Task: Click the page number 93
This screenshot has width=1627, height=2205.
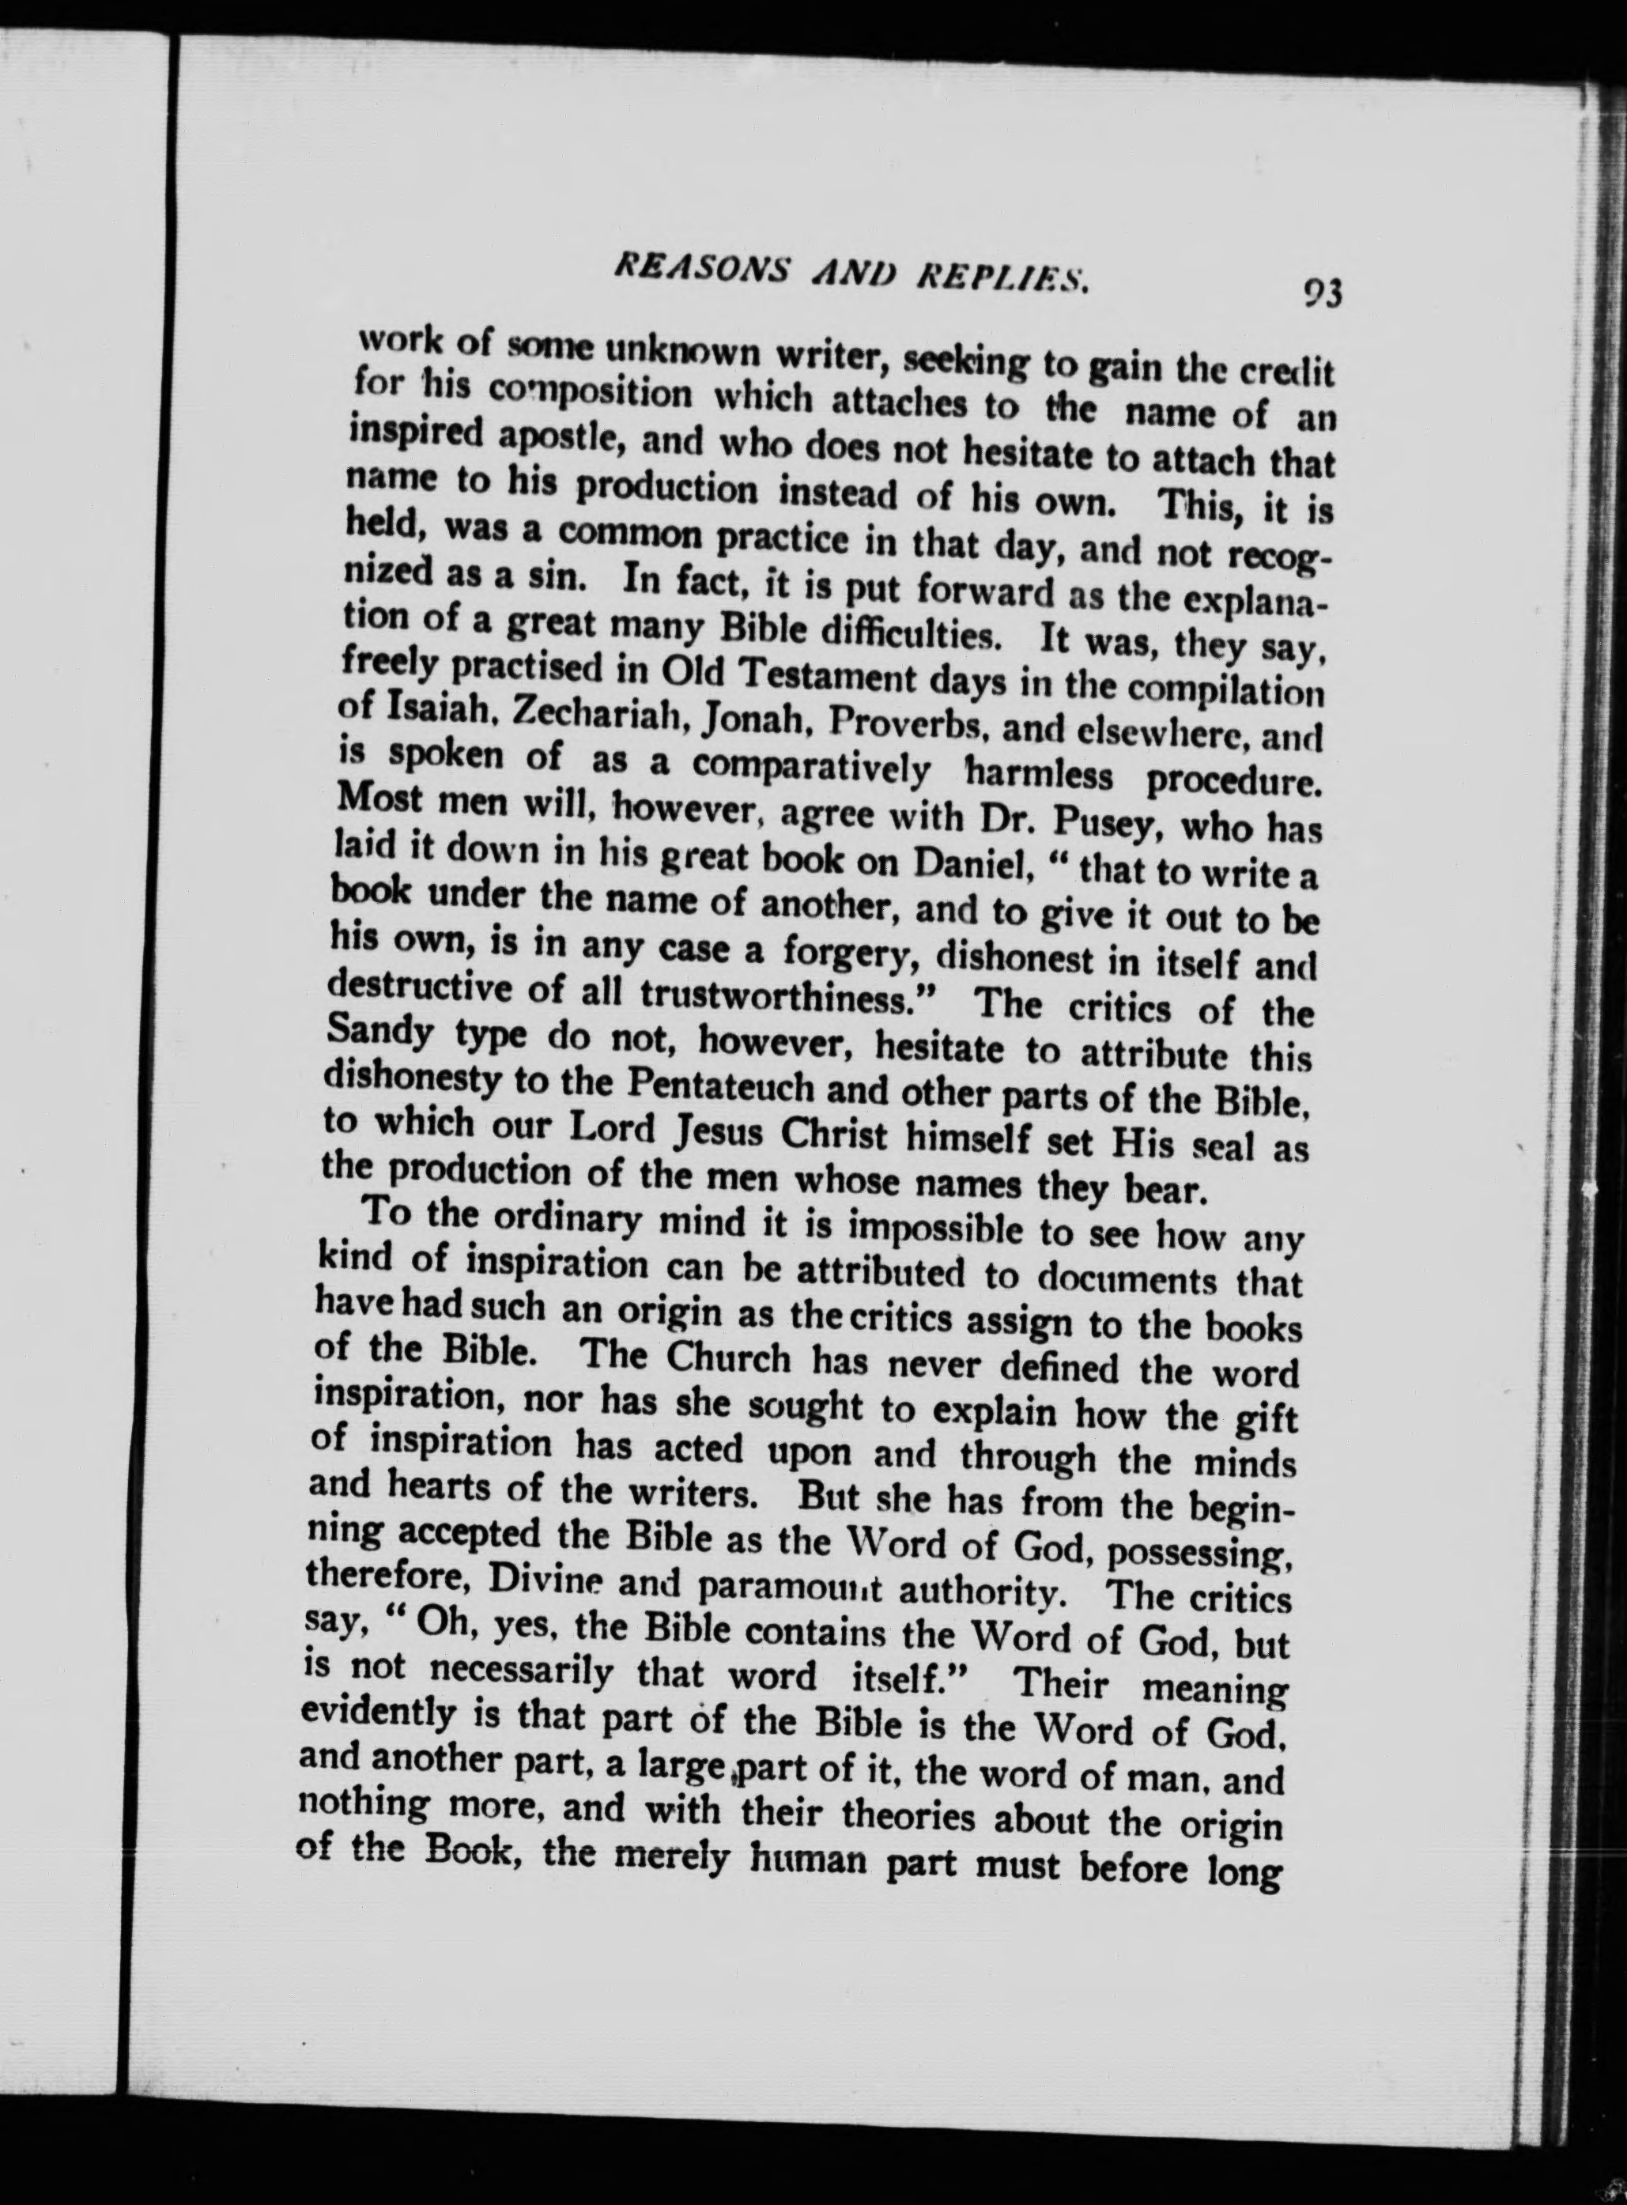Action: pos(1323,294)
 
